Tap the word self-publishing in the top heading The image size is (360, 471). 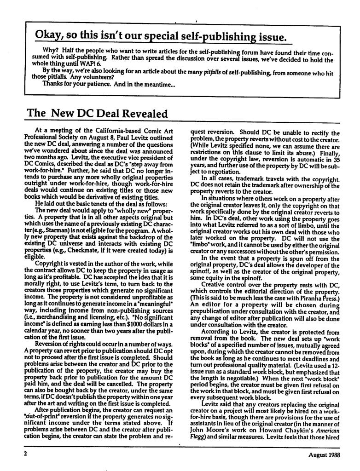[x=215, y=36]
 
